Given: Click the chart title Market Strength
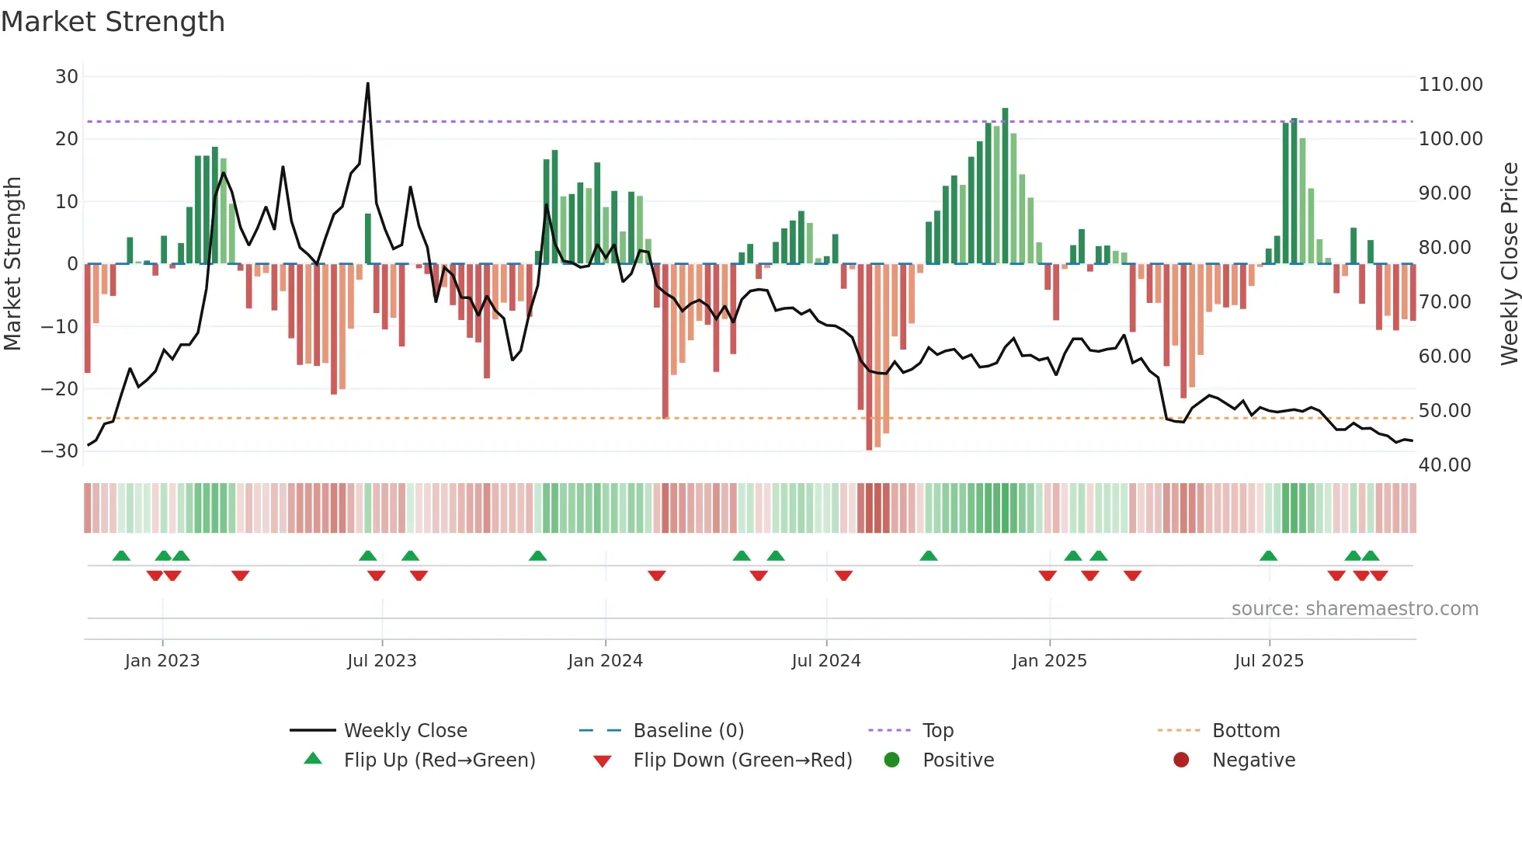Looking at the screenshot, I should [113, 22].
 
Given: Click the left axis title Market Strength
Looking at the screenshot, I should [13, 263].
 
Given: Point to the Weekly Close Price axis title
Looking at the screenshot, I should [1509, 263].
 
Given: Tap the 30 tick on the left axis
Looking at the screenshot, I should [67, 77].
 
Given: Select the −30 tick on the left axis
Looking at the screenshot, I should [61, 451].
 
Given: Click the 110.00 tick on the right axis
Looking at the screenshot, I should [1450, 85].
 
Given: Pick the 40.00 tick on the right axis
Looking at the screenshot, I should [1444, 465].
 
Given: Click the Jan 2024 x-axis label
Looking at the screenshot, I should [605, 661].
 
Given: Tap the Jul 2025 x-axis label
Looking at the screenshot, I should [1269, 661].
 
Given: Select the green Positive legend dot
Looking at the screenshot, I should [891, 760].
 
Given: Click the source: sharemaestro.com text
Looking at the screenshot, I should [1354, 609].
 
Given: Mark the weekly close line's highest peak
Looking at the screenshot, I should [367, 84].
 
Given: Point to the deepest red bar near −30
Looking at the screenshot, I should [869, 357].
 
